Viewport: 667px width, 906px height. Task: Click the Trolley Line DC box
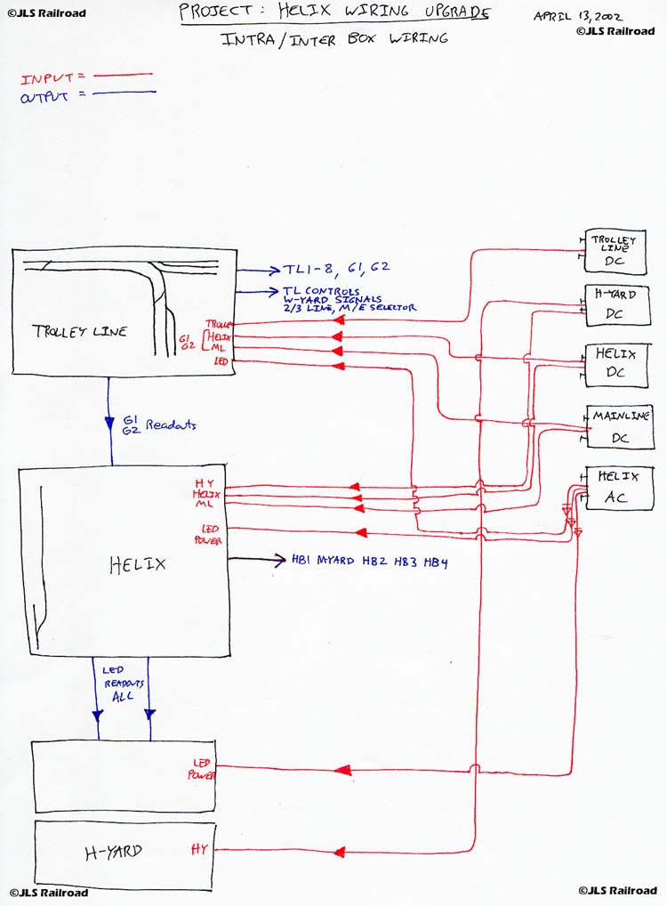click(615, 250)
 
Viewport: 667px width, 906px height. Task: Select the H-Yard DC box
click(617, 304)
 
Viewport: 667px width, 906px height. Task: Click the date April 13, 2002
click(577, 16)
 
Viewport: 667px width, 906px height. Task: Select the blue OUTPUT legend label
click(44, 96)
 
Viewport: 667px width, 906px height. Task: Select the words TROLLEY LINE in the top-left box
click(79, 331)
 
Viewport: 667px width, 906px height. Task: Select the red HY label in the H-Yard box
click(198, 850)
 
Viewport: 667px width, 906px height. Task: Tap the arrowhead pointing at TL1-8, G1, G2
click(272, 270)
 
